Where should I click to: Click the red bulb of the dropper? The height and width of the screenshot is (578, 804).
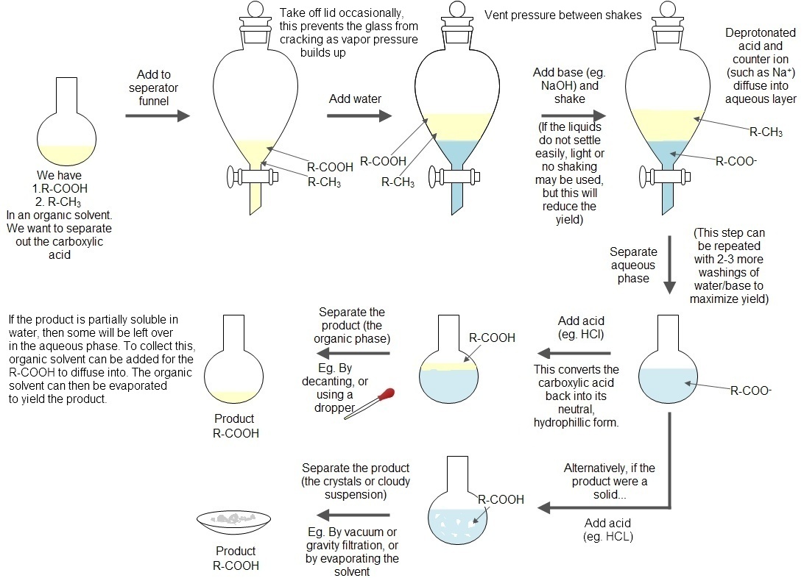pyautogui.click(x=386, y=395)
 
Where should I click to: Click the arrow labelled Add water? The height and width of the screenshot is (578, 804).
pyautogui.click(x=359, y=115)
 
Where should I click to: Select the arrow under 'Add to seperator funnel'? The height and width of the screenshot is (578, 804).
pyautogui.click(x=158, y=115)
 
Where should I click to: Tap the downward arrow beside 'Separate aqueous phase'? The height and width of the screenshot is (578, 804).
pyautogui.click(x=669, y=265)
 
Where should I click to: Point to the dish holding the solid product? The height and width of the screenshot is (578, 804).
pyautogui.click(x=234, y=522)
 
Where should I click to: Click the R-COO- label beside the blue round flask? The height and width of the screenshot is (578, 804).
pyautogui.click(x=751, y=390)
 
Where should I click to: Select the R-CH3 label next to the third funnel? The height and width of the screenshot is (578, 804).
pyautogui.click(x=766, y=132)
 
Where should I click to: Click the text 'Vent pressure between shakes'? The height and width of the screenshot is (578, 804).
pyautogui.click(x=563, y=15)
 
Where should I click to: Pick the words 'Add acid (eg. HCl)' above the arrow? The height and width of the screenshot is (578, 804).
pyautogui.click(x=581, y=328)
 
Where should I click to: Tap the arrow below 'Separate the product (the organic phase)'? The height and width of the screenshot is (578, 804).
pyautogui.click(x=353, y=353)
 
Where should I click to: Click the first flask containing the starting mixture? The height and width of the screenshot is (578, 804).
pyautogui.click(x=67, y=123)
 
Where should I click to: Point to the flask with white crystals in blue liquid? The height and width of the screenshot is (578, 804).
pyautogui.click(x=457, y=500)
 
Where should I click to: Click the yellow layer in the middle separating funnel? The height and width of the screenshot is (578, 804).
pyautogui.click(x=457, y=126)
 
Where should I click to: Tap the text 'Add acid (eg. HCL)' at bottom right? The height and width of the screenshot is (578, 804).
pyautogui.click(x=607, y=529)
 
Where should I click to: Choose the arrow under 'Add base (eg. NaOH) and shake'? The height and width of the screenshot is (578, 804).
pyautogui.click(x=574, y=115)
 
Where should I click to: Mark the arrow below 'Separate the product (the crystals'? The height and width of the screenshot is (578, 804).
pyautogui.click(x=353, y=515)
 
